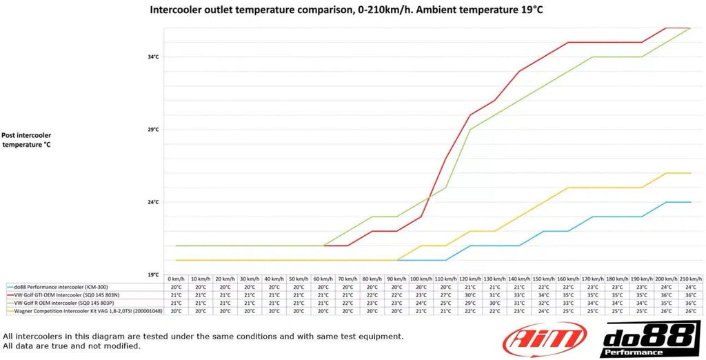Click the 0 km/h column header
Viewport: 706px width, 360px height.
pos(176,279)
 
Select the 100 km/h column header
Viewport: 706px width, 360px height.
pos(421,279)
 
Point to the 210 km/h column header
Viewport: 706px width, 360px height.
pos(691,279)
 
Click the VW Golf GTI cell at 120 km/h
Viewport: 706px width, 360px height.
pos(470,295)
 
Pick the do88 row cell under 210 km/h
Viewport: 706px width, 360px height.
pos(691,287)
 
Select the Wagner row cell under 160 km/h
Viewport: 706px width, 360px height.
pos(568,311)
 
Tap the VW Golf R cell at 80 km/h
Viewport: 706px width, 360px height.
pos(372,303)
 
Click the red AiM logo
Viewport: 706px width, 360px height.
pos(544,340)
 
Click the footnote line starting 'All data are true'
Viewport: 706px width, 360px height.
pos(72,346)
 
